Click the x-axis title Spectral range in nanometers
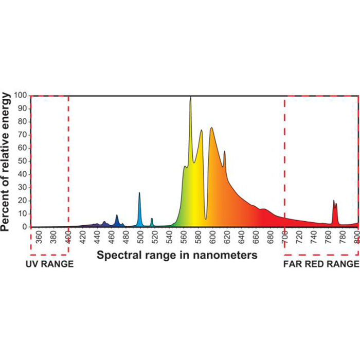177,255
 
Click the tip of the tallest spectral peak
190,97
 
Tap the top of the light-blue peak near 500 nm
139,193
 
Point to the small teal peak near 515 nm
152,219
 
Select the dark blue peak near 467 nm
117,215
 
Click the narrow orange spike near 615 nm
224,152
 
